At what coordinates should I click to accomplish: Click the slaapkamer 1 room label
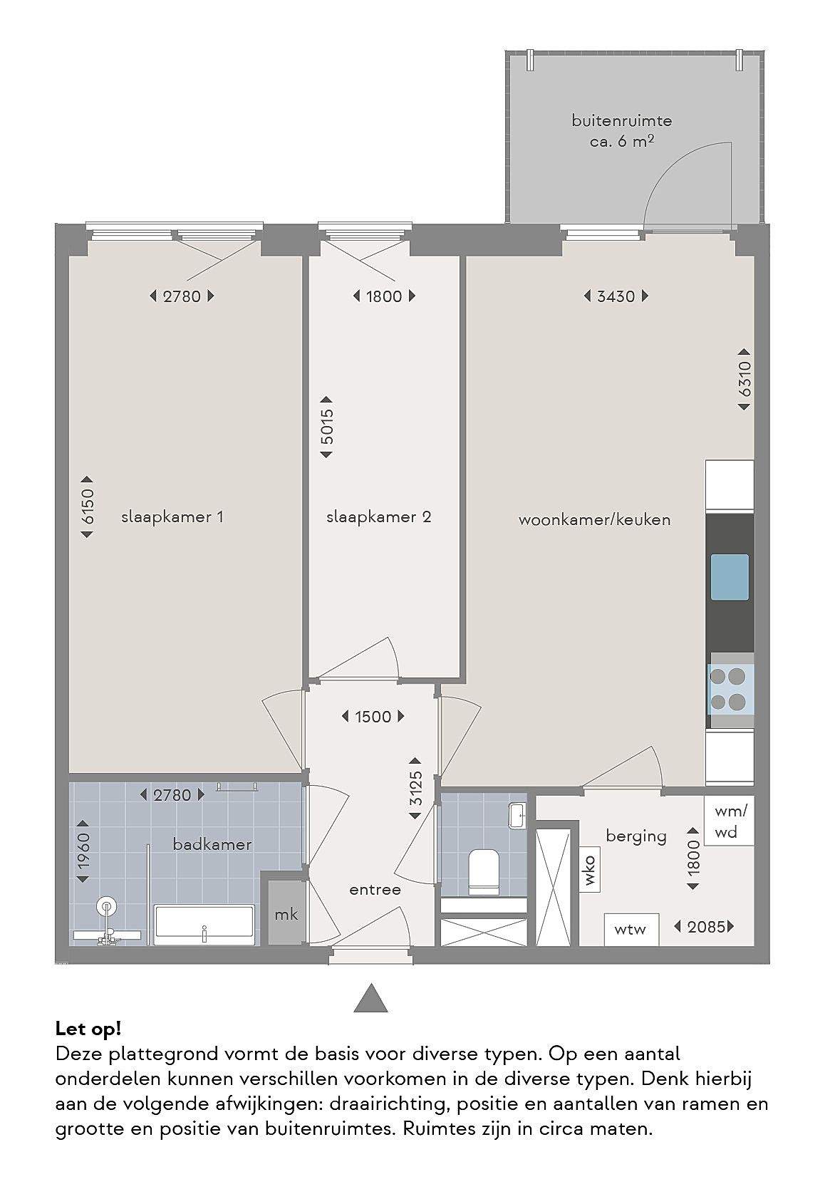(172, 517)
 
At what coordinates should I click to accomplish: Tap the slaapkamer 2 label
(378, 517)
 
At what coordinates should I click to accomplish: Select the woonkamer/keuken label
(594, 520)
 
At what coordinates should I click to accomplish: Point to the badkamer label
(212, 844)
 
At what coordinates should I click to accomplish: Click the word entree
(375, 890)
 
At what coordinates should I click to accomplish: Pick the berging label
(636, 836)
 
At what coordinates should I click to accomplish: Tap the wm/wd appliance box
(730, 821)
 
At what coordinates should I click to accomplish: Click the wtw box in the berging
(631, 930)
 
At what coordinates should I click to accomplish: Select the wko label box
(590, 870)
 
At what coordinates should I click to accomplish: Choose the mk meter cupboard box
(286, 914)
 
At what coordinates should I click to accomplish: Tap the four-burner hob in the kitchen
(730, 688)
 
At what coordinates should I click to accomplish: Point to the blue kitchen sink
(730, 577)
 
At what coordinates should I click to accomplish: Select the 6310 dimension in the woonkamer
(745, 380)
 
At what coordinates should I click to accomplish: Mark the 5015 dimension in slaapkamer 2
(326, 427)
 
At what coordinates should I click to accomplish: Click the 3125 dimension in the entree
(415, 789)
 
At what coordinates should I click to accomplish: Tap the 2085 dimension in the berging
(704, 927)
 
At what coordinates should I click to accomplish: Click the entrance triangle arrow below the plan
(371, 998)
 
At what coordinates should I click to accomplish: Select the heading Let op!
(88, 1029)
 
